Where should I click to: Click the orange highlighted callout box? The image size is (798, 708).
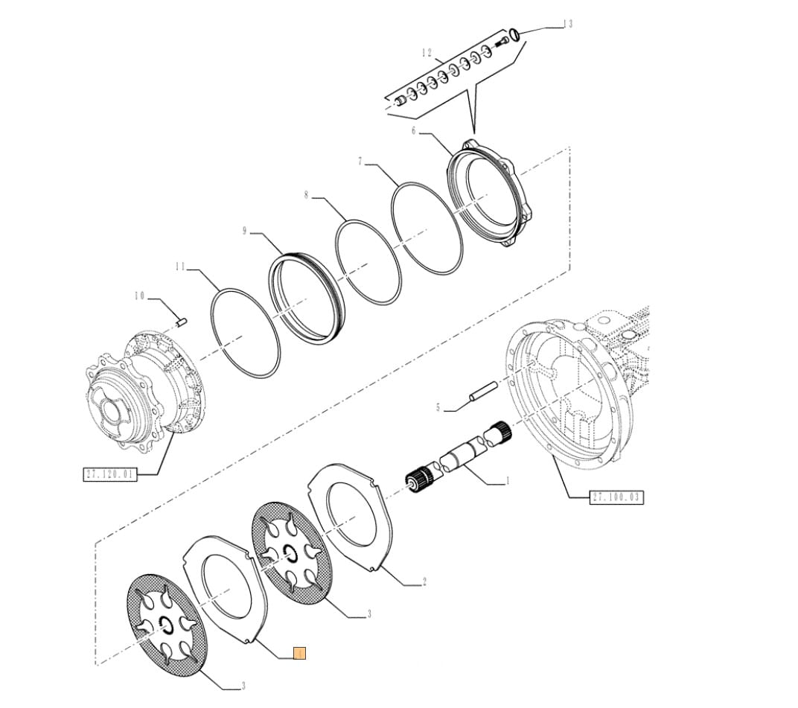pos(300,654)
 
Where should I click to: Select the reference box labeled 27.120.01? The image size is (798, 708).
pos(109,473)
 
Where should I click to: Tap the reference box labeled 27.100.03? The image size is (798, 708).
pos(616,497)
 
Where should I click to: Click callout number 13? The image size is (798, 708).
pos(569,25)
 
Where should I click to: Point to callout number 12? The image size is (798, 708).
pos(426,53)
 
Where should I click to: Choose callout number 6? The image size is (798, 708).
pos(435,131)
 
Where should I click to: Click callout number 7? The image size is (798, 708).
pos(360,162)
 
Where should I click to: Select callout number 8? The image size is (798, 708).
pos(306,195)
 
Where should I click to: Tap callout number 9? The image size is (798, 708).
pos(244,232)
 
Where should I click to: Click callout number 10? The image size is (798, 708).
pos(139,296)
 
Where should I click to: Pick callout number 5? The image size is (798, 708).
pos(438,407)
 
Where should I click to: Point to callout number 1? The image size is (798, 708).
pos(508,481)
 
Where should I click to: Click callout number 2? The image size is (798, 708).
pos(424,582)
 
